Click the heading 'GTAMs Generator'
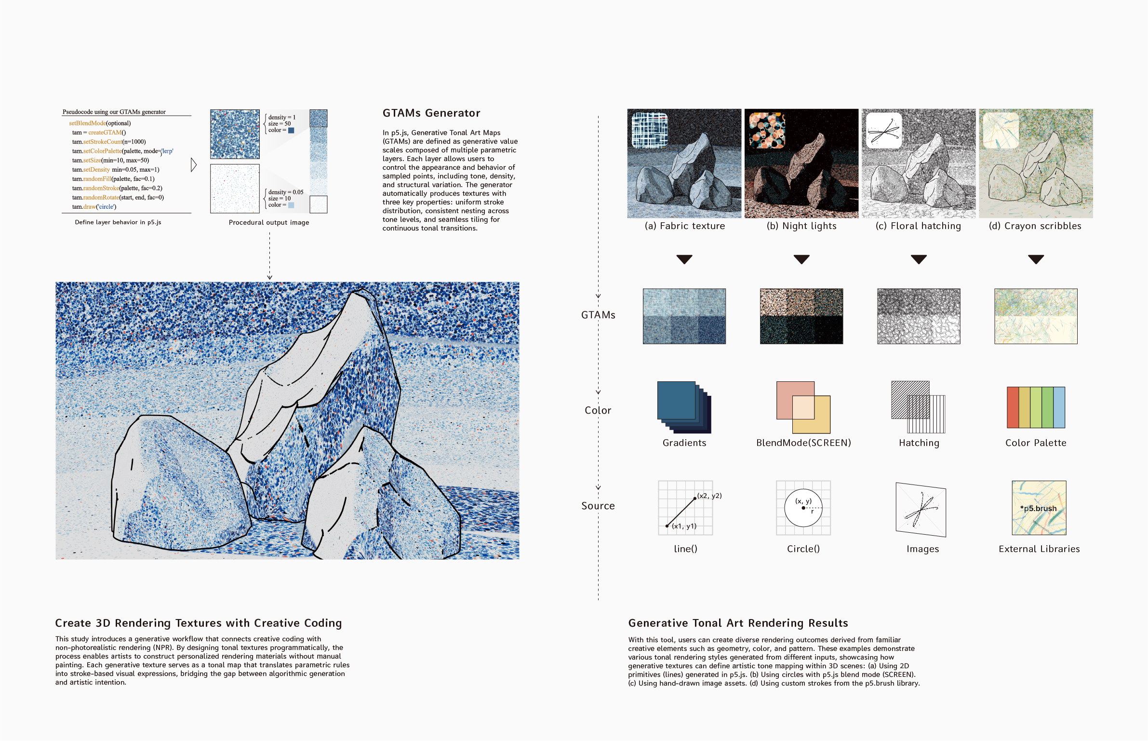[x=431, y=113]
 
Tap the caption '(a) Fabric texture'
[x=684, y=226]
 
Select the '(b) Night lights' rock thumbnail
[x=801, y=163]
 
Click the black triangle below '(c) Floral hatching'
[x=919, y=259]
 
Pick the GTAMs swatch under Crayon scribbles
[x=1036, y=316]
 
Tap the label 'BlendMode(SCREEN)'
[x=803, y=443]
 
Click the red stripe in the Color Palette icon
[x=1013, y=407]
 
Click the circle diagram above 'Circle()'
[x=803, y=508]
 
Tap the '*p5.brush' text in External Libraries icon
[x=1039, y=508]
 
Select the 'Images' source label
[x=922, y=549]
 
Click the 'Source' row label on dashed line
[x=598, y=506]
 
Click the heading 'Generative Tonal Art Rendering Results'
[x=738, y=623]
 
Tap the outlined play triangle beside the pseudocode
[x=193, y=165]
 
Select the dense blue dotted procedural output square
[x=235, y=134]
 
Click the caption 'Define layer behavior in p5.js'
[x=118, y=222]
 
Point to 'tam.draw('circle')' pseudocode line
[x=94, y=207]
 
